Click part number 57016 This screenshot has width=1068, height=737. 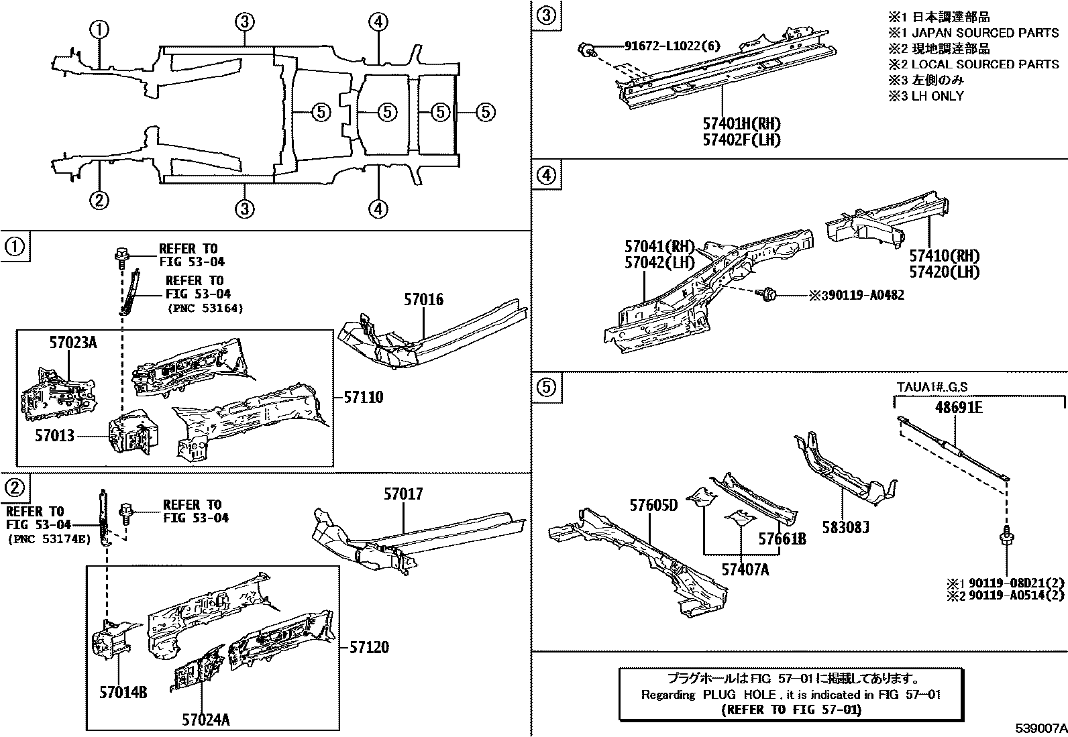click(423, 300)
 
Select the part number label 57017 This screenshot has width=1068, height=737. click(403, 495)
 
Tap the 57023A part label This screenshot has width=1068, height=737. click(72, 343)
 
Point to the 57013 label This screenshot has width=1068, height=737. click(55, 435)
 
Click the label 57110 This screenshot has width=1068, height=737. click(363, 398)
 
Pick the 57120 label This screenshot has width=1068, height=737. click(368, 648)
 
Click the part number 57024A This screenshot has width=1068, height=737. click(206, 720)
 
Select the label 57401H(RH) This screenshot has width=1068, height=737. click(742, 124)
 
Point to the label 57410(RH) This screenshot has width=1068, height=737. click(944, 256)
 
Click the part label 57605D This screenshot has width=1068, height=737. click(653, 504)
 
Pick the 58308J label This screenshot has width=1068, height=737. click(845, 528)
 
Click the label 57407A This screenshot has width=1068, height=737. click(745, 569)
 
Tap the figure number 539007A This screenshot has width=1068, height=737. click(1040, 728)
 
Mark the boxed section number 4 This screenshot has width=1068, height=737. click(546, 176)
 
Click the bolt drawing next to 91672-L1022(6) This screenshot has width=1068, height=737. click(586, 49)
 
